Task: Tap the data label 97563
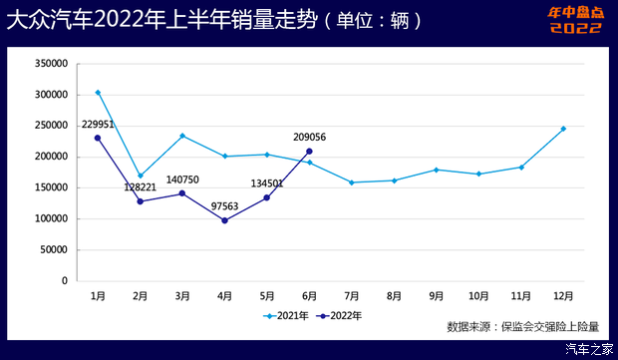224,206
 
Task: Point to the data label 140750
182,180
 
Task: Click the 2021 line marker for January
98,93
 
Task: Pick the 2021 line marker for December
562,129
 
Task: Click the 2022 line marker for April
224,220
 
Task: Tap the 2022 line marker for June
309,152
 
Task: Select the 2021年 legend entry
287,315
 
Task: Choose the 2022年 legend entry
339,315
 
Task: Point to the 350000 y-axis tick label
50,63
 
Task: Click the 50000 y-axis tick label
53,249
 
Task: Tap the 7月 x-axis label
351,296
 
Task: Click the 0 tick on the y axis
64,280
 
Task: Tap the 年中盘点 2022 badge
575,20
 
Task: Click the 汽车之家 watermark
588,349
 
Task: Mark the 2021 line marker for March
182,136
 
